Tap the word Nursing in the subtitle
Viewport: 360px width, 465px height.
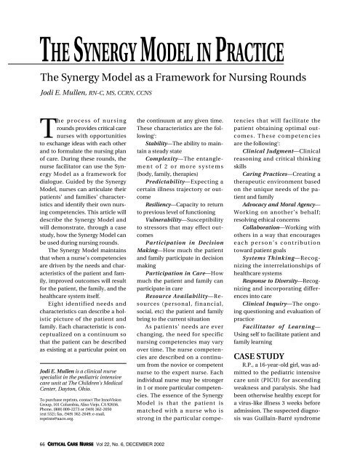point(249,78)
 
